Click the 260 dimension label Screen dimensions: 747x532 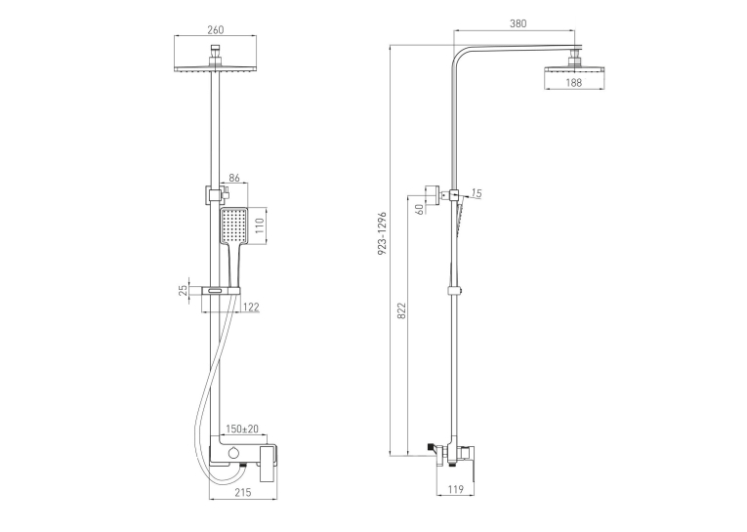click(216, 29)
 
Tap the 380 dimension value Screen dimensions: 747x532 click(519, 23)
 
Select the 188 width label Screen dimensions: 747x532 click(573, 82)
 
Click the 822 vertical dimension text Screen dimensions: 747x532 click(401, 310)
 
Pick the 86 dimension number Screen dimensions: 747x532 click(234, 178)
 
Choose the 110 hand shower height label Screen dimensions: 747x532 click(259, 225)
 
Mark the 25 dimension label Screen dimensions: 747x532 click(183, 290)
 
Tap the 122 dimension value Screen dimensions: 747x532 click(251, 307)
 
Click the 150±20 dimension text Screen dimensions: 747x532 click(242, 429)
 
